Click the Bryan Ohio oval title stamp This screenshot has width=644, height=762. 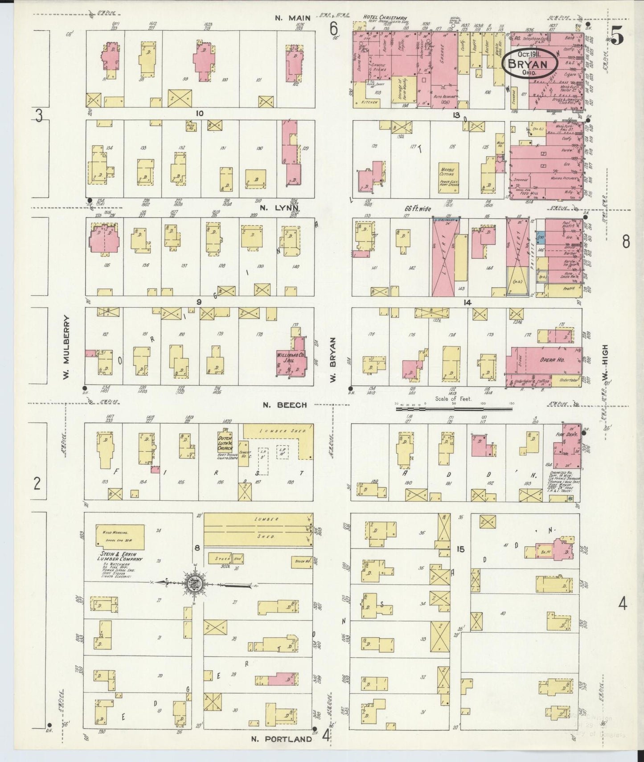(x=529, y=64)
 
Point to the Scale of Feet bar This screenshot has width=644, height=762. (x=455, y=406)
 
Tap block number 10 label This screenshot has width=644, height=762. (x=199, y=113)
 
